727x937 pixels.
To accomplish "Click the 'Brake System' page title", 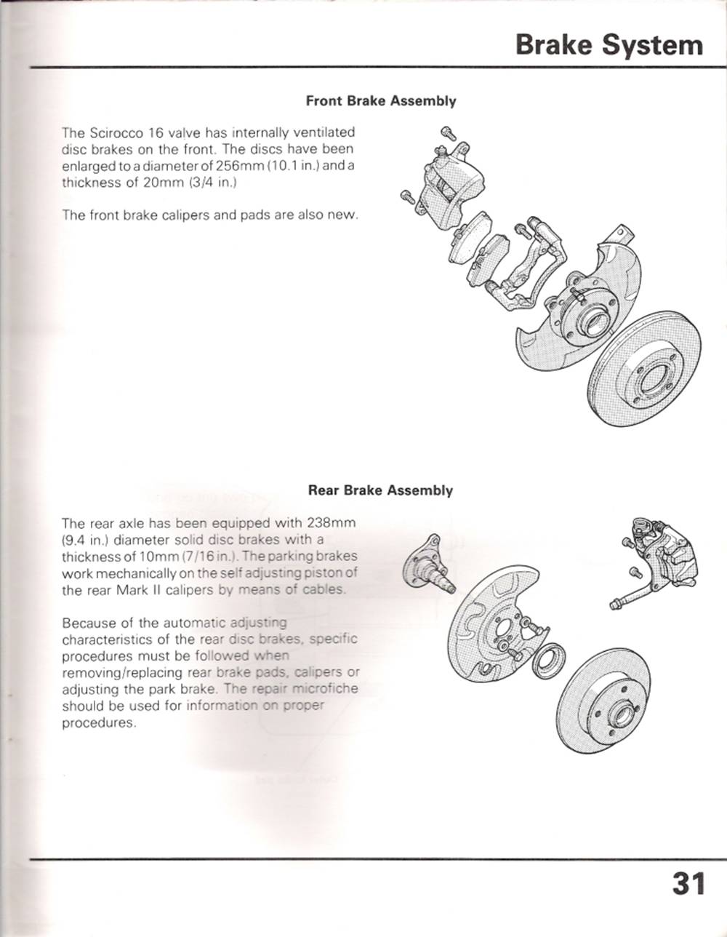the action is pos(609,45).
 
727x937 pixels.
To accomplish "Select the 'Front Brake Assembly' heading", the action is pos(381,101).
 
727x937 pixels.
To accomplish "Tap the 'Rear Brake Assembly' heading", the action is pos(380,490).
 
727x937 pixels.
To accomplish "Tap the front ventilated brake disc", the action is pos(644,368).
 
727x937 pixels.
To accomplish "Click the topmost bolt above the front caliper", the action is pos(448,133).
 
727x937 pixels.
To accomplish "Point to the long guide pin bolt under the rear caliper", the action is pos(632,598).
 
